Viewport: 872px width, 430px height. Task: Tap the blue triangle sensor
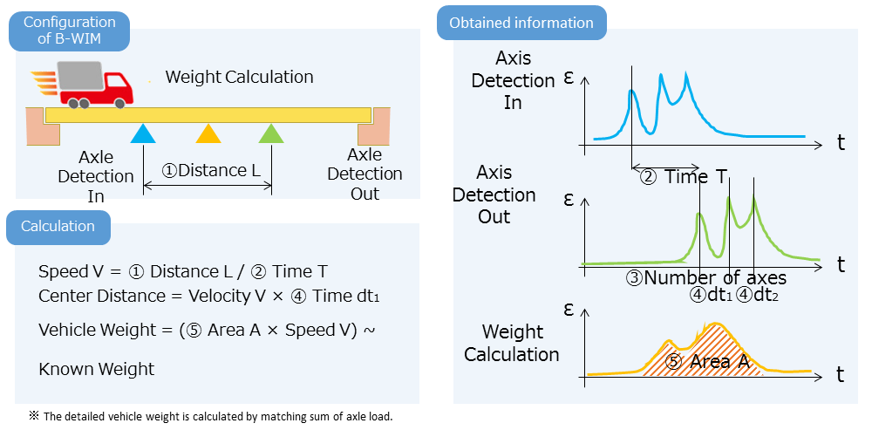(143, 133)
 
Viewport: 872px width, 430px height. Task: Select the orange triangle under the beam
(208, 133)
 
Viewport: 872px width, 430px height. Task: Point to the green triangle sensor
(272, 133)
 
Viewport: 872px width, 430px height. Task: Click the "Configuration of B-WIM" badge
(69, 31)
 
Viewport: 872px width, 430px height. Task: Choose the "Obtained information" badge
(521, 23)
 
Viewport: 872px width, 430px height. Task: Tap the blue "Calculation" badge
(58, 227)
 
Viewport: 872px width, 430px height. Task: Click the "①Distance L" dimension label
(211, 170)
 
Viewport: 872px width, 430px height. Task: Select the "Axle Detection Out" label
(364, 174)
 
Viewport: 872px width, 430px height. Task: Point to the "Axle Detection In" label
(96, 176)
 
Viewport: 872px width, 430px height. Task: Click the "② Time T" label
(684, 177)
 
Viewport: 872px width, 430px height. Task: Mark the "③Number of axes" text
(705, 277)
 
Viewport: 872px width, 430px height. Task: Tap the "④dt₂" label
(756, 295)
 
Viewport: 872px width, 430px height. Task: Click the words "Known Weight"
(96, 369)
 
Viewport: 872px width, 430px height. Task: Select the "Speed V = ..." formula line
(183, 272)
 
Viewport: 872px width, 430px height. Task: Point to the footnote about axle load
(211, 416)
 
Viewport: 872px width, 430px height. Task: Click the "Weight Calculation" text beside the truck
(239, 77)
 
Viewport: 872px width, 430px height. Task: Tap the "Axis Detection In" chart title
(513, 80)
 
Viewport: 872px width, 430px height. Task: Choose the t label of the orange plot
(840, 374)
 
